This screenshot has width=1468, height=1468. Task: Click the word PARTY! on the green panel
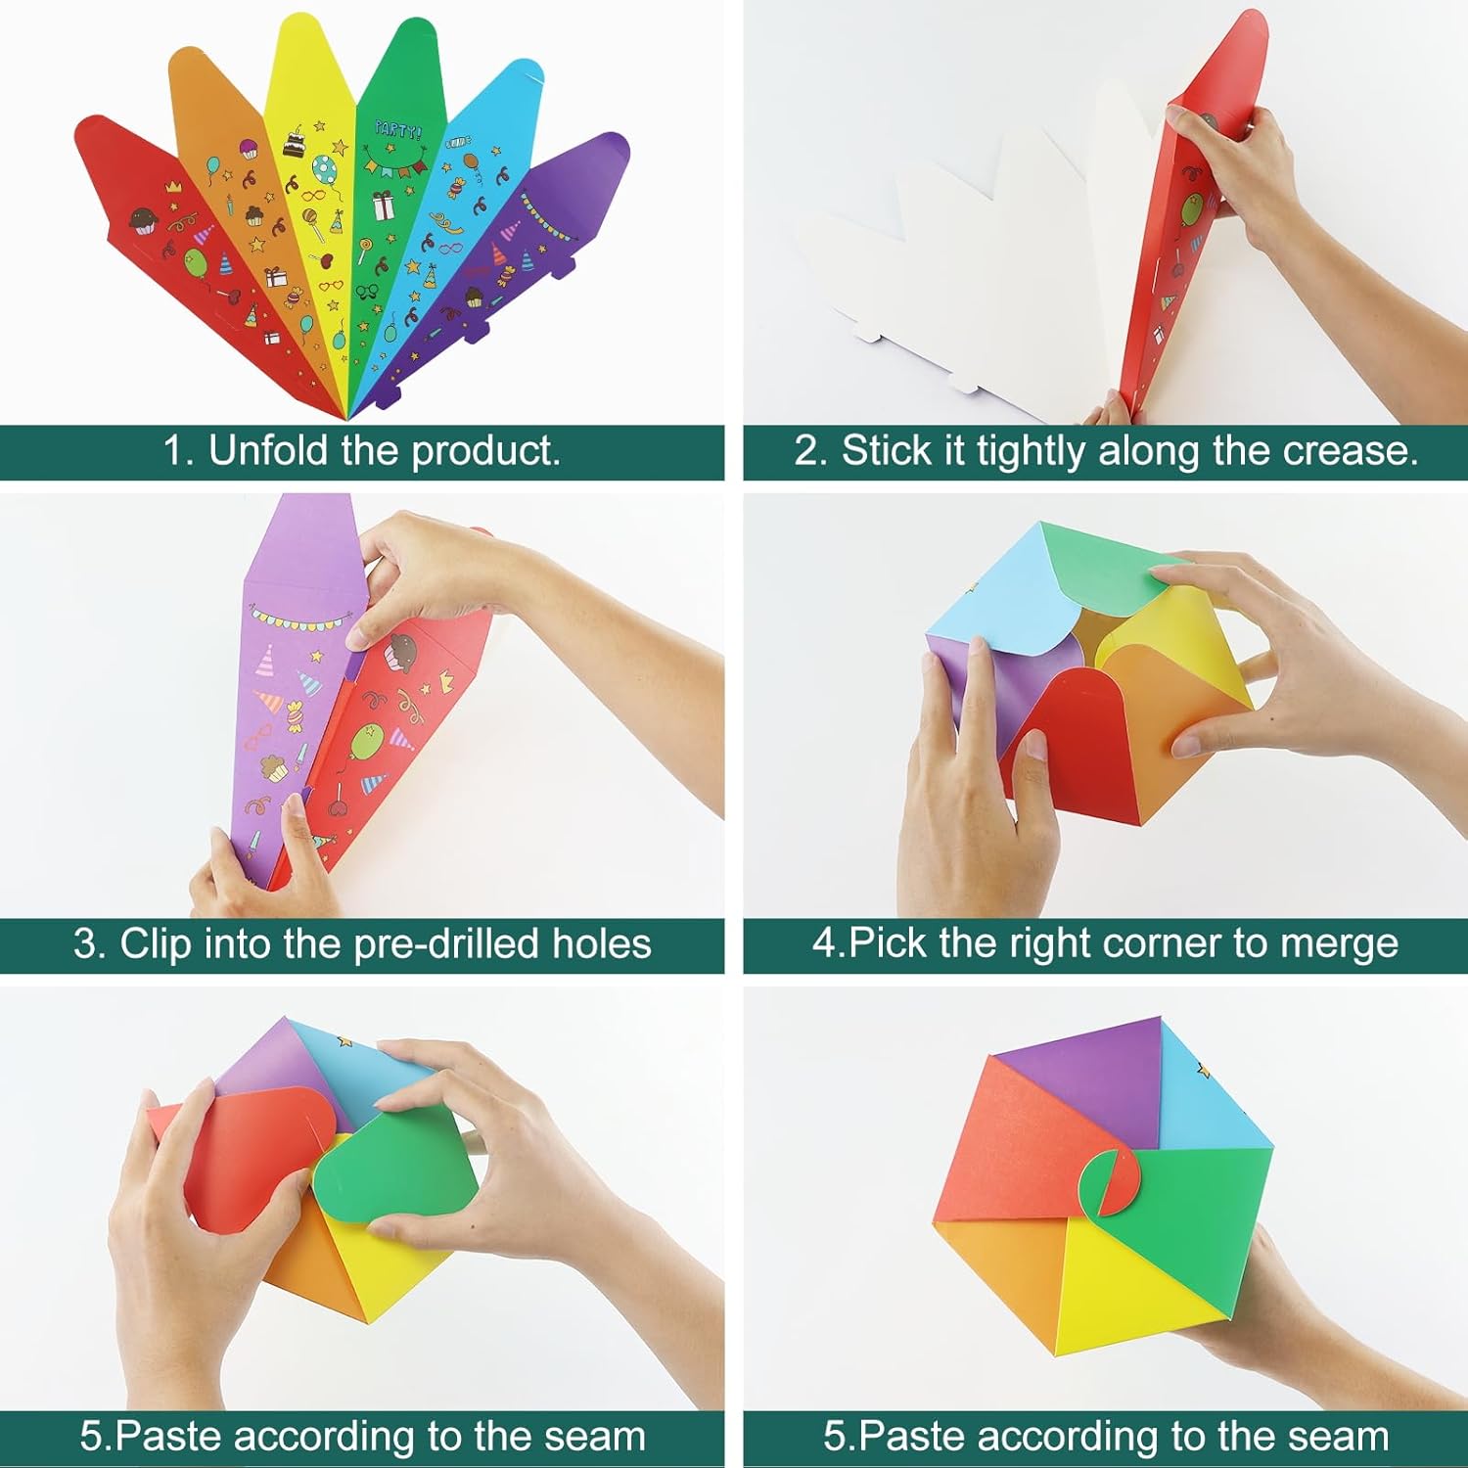398,129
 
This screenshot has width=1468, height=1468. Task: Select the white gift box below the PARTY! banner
383,205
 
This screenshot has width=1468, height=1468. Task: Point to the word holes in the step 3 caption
602,944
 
